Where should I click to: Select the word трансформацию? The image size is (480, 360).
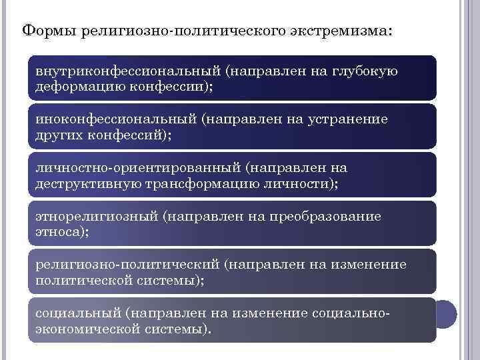[x=190, y=184]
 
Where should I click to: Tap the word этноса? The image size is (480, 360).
[x=59, y=233]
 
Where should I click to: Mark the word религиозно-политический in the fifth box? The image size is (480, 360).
[x=126, y=265]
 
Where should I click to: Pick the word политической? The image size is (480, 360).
[x=85, y=281]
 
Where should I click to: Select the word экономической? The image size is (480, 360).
[x=87, y=329]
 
